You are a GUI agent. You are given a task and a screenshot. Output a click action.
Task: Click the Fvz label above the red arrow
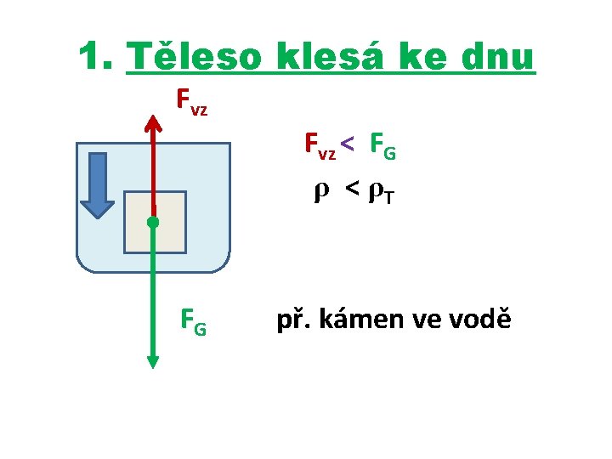pos(191,102)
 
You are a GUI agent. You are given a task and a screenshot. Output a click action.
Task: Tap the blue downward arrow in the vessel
pos(99,184)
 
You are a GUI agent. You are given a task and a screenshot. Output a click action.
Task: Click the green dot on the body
pos(153,223)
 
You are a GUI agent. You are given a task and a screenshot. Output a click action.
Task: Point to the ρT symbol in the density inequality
pos(379,195)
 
